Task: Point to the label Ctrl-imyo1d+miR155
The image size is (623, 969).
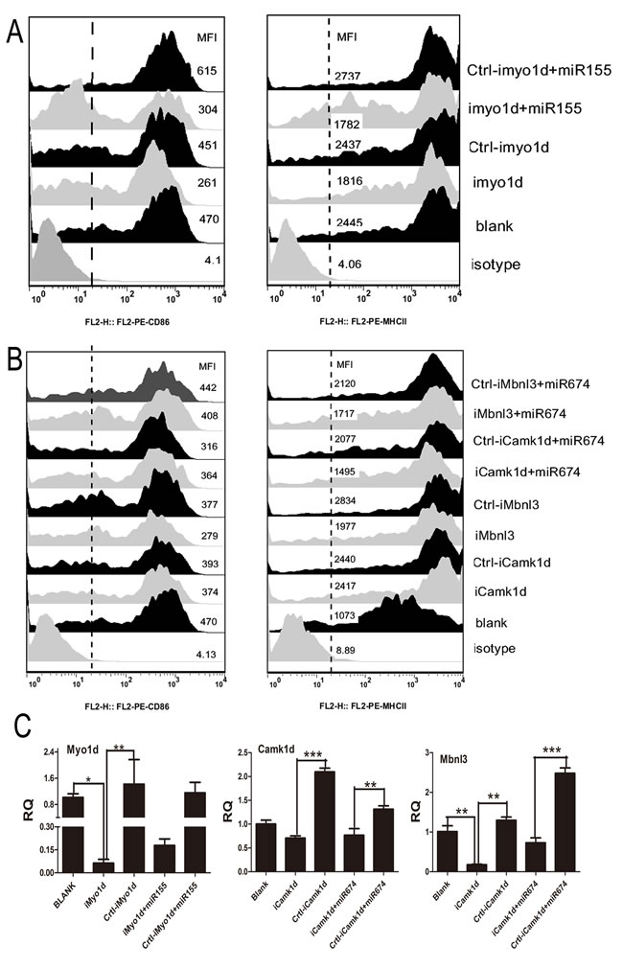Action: coord(530,70)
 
